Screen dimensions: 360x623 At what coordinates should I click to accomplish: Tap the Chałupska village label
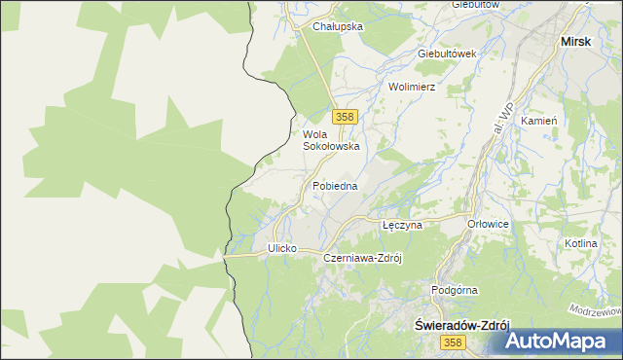click(x=337, y=27)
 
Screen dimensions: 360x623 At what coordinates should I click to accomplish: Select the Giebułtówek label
click(x=445, y=54)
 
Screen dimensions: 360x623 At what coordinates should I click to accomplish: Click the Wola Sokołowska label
click(x=331, y=140)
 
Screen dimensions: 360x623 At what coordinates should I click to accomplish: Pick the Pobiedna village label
click(x=335, y=185)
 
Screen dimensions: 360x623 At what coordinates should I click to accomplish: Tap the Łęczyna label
click(x=401, y=224)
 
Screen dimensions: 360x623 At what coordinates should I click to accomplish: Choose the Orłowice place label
click(x=489, y=224)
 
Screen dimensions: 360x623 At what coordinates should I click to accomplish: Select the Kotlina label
click(x=580, y=243)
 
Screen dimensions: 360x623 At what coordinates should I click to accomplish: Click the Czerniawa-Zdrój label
click(x=363, y=258)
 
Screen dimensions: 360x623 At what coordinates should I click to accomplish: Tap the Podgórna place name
click(x=454, y=290)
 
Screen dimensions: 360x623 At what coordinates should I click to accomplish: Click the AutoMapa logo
click(x=563, y=341)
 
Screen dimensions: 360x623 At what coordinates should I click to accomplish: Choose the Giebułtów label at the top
click(x=475, y=5)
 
